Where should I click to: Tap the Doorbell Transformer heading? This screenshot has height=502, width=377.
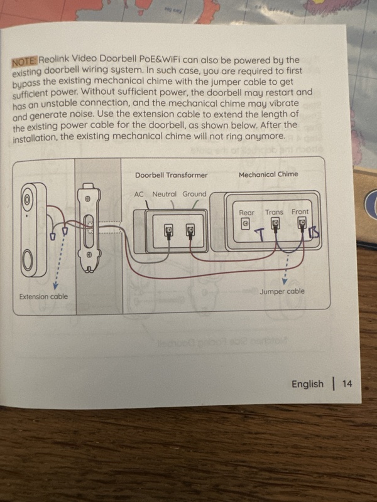[x=171, y=175]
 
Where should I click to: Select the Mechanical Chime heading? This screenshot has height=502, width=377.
[x=268, y=174]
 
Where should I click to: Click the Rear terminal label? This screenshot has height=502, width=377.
[x=246, y=213]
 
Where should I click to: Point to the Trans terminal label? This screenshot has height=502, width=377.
[x=274, y=212]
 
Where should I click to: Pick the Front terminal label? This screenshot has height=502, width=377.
[x=300, y=211]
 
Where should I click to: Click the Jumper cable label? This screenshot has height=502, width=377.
[x=282, y=291]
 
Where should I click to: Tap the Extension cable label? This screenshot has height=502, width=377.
[x=43, y=296]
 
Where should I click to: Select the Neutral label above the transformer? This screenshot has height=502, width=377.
[x=164, y=194]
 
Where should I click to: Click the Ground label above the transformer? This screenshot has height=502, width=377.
[x=194, y=194]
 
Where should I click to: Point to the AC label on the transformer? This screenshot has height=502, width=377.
[x=138, y=195]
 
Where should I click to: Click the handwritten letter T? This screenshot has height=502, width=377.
[x=261, y=235]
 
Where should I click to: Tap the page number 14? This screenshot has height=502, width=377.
[x=347, y=383]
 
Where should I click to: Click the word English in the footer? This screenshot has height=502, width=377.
[x=307, y=384]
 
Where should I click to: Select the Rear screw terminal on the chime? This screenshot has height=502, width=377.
[x=245, y=224]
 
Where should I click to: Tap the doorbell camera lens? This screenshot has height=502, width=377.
[x=27, y=200]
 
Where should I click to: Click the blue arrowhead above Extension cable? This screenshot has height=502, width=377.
[x=55, y=286]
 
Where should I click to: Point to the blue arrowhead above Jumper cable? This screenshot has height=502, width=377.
[x=285, y=281]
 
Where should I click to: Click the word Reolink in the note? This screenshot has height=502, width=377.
[x=54, y=59]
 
